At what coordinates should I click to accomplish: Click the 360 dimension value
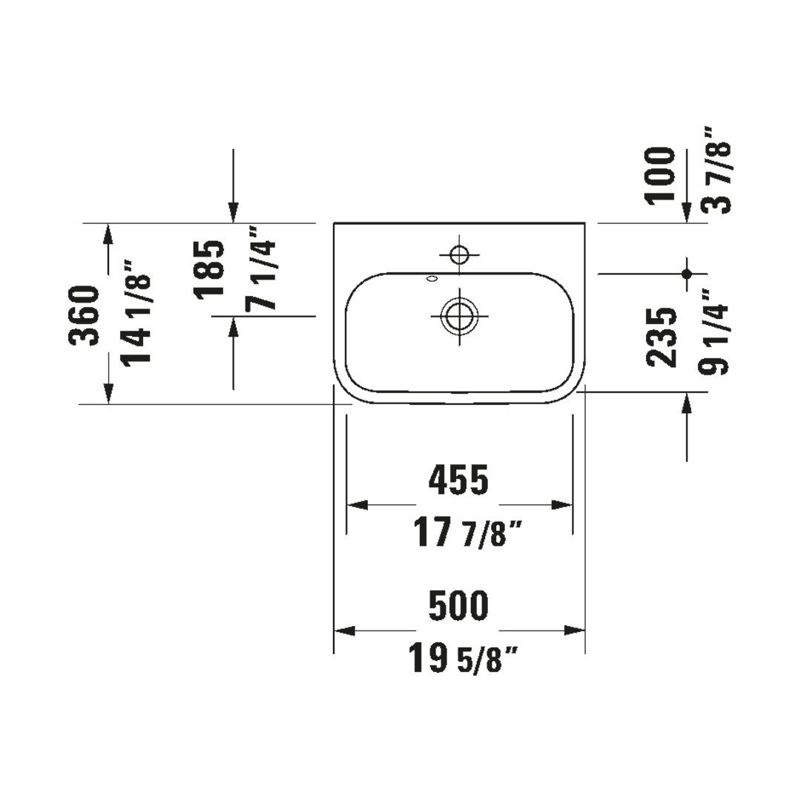pyautogui.click(x=85, y=316)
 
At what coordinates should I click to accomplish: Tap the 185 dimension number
pyautogui.click(x=208, y=268)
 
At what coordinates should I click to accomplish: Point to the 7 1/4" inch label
pyautogui.click(x=260, y=268)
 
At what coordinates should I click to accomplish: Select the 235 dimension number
pyautogui.click(x=661, y=337)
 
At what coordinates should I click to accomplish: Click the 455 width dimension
pyautogui.click(x=459, y=480)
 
